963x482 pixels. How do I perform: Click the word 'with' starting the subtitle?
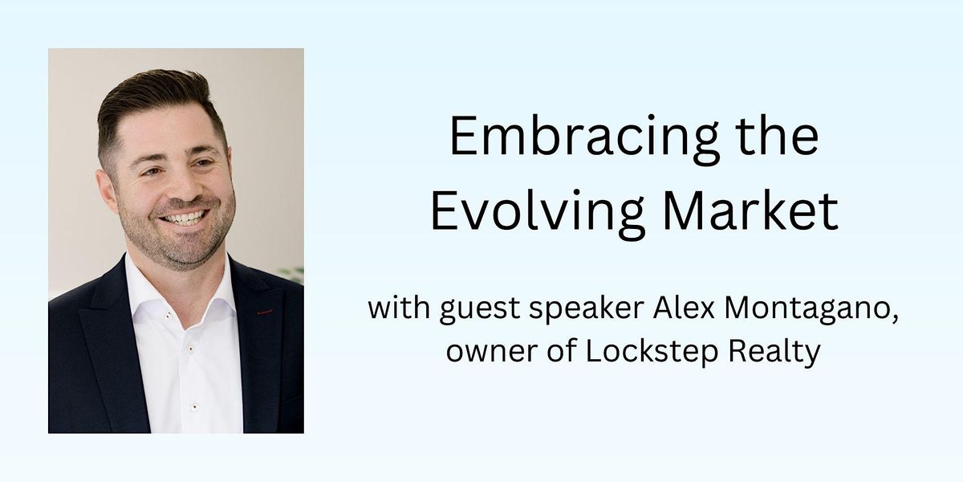[x=398, y=309]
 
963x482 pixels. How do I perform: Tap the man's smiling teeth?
[x=185, y=218]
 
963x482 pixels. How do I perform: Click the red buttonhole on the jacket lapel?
[x=265, y=312]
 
